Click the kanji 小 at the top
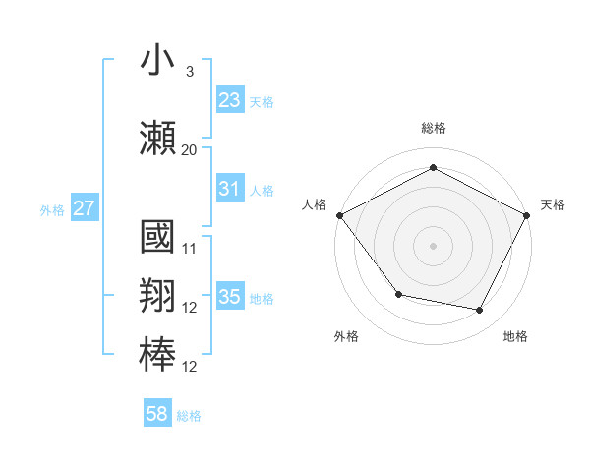(157, 61)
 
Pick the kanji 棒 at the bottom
(157, 354)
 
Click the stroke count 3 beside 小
(189, 73)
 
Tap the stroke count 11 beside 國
(190, 250)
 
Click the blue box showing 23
(229, 99)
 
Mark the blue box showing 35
(229, 297)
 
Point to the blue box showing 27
(85, 208)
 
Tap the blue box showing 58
(156, 414)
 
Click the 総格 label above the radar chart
(433, 129)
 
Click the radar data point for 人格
(339, 214)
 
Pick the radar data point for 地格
(480, 311)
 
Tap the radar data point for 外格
(398, 294)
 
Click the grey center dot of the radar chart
(433, 245)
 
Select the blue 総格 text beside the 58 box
(189, 416)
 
